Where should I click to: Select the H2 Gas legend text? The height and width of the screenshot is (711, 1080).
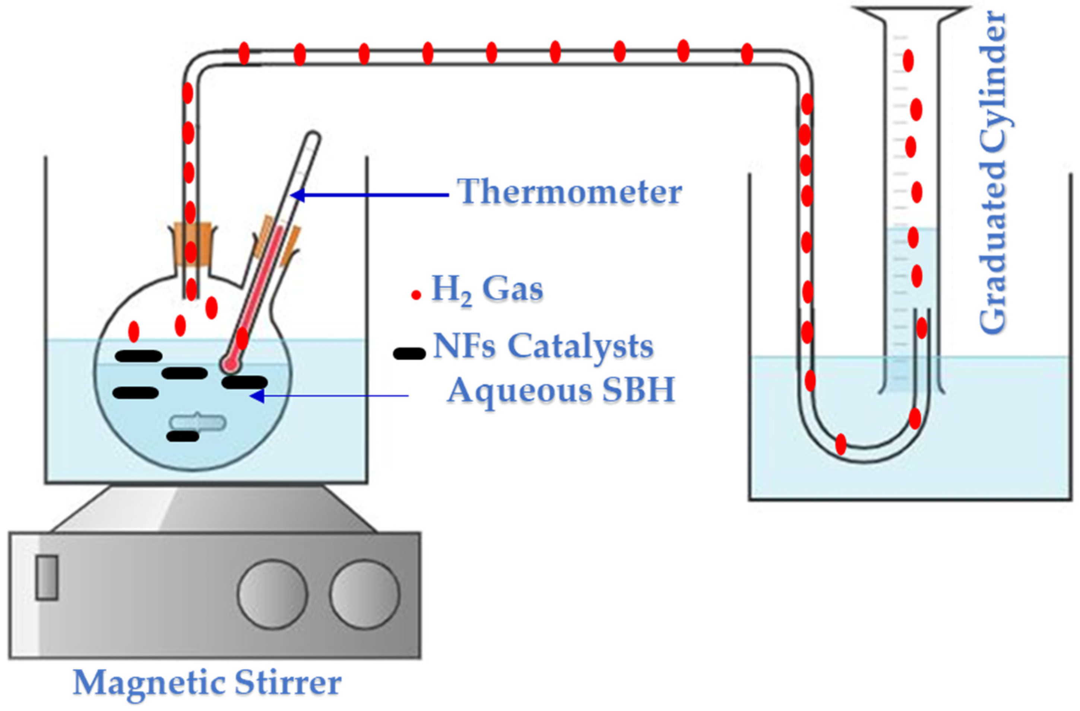[x=487, y=289]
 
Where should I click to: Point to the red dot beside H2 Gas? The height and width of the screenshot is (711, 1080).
[x=416, y=295]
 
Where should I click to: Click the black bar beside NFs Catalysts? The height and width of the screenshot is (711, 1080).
[x=409, y=354]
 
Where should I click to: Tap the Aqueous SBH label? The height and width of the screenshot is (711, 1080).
[x=561, y=390]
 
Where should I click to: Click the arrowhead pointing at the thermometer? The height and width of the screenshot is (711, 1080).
[x=298, y=195]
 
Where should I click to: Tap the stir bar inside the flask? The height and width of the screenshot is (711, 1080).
[x=198, y=423]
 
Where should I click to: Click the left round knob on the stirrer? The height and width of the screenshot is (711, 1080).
[x=272, y=594]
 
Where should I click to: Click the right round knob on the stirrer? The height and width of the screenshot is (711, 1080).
[x=364, y=594]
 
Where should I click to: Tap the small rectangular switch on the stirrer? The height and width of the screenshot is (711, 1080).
[x=47, y=578]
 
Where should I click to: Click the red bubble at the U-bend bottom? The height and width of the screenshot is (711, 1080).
[x=840, y=444]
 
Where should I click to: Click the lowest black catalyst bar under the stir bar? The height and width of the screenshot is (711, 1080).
[x=183, y=436]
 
